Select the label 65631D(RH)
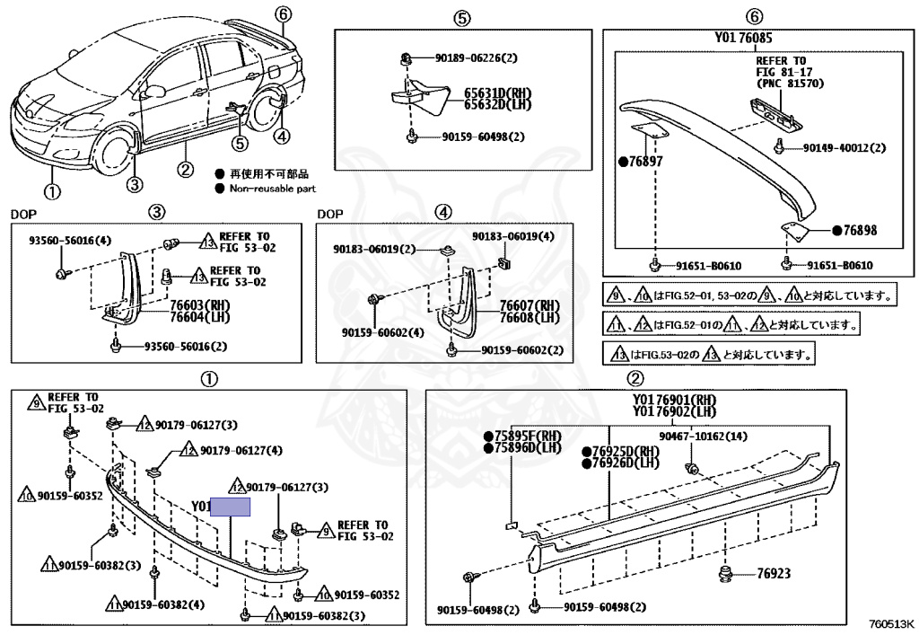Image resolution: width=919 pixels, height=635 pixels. pyautogui.click(x=495, y=93)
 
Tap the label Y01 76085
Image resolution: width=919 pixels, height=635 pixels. pyautogui.click(x=744, y=39)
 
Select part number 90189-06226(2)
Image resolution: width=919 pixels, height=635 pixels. pyautogui.click(x=475, y=58)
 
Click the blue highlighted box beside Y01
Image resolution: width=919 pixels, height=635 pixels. pyautogui.click(x=230, y=507)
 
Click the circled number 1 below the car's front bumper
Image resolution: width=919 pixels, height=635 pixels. pyautogui.click(x=52, y=191)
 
